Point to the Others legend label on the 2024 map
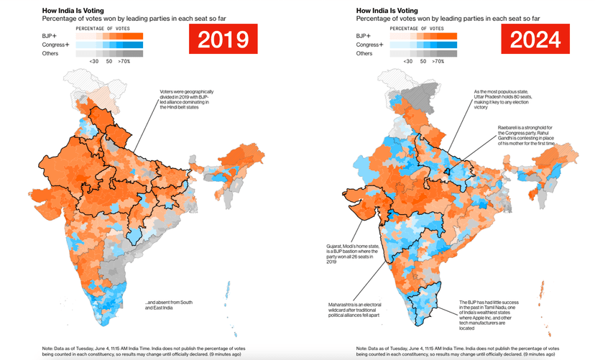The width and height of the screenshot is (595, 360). pyautogui.click(x=365, y=53)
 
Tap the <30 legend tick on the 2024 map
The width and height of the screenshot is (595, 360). pyautogui.click(x=408, y=63)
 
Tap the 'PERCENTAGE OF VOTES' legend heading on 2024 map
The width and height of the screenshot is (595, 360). pyautogui.click(x=431, y=27)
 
